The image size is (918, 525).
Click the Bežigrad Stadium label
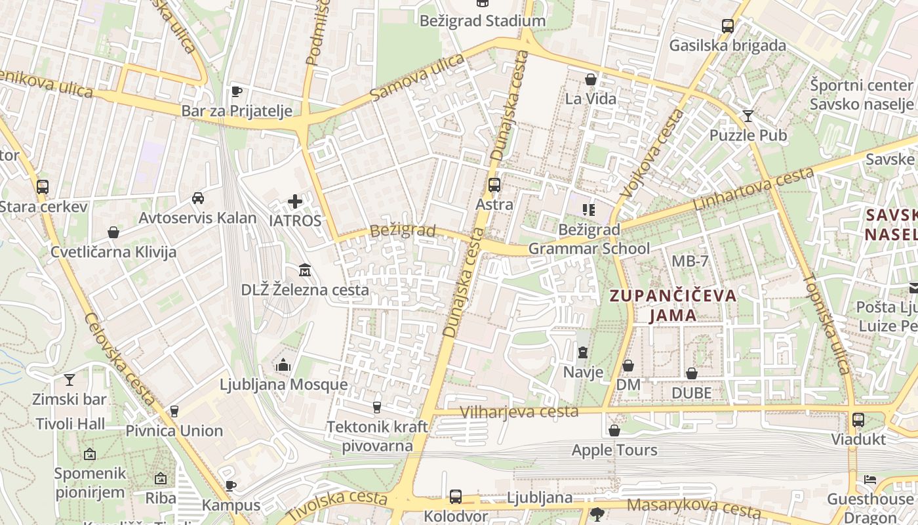(x=483, y=21)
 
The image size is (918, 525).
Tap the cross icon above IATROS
(x=295, y=201)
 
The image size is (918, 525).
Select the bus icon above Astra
(x=494, y=185)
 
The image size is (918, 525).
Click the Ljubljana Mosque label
(x=283, y=385)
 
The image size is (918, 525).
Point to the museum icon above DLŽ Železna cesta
(x=304, y=270)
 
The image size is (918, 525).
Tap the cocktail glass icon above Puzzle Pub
(x=748, y=116)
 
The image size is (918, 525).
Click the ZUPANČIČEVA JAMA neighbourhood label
(x=673, y=305)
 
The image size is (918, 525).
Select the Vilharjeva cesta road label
(x=519, y=412)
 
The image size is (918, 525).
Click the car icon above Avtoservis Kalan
(x=197, y=198)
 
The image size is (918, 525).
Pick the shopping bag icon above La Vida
(x=591, y=79)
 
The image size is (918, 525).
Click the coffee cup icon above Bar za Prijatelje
(x=237, y=91)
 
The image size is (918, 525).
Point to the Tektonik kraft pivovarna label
(x=377, y=436)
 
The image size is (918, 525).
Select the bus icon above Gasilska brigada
(x=727, y=26)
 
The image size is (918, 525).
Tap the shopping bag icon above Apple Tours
(x=614, y=430)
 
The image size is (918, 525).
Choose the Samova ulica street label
(x=417, y=77)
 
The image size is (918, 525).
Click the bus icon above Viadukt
(x=858, y=419)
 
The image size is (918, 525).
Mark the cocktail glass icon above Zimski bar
(x=69, y=379)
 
